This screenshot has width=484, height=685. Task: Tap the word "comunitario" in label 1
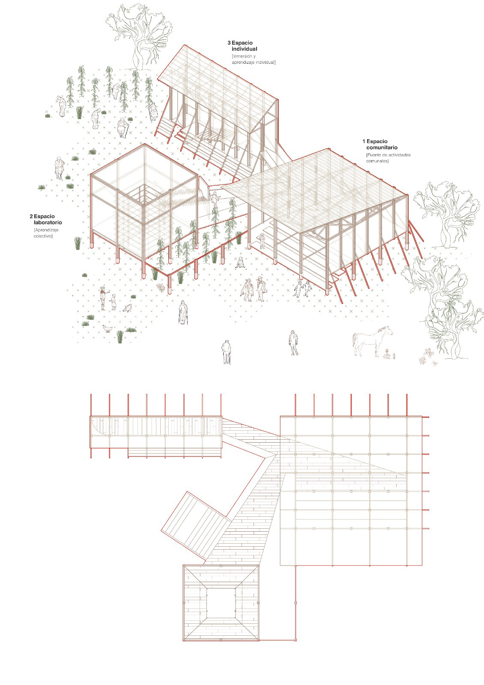point(379,148)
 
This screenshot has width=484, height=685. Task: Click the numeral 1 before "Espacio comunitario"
point(364,141)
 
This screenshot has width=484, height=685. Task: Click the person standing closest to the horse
point(293,343)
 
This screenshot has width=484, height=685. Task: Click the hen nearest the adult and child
point(127,308)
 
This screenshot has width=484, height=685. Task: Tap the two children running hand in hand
point(303,289)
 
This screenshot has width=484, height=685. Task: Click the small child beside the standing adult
point(113,301)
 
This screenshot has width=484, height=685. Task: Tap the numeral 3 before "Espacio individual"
point(229,43)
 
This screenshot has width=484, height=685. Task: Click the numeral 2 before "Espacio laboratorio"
point(31,216)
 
